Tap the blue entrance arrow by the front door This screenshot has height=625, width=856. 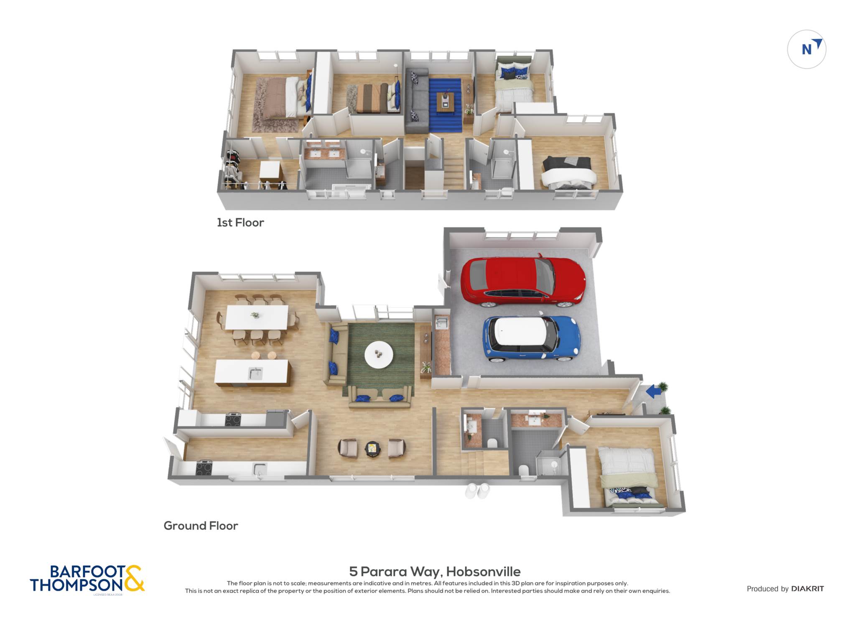(x=654, y=392)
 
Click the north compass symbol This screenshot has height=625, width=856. (x=807, y=49)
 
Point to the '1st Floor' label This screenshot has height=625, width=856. (x=240, y=223)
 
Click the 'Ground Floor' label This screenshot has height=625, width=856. (x=201, y=526)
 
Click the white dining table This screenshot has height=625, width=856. (x=257, y=317)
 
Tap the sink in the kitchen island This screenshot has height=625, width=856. (x=255, y=373)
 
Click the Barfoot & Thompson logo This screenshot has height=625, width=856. (x=87, y=579)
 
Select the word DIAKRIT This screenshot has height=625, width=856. (x=808, y=589)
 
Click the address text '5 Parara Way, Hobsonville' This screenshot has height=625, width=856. (x=435, y=571)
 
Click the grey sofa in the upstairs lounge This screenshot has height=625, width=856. (x=417, y=101)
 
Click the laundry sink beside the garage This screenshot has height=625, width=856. (x=442, y=323)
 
